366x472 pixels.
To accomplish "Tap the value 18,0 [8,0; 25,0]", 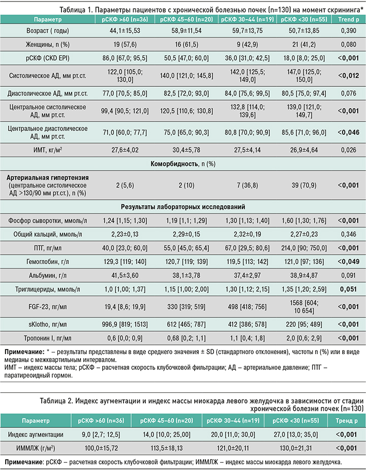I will point(302,58).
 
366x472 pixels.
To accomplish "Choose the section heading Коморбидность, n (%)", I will point(182,164).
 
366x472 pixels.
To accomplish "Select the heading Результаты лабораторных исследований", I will point(182,207).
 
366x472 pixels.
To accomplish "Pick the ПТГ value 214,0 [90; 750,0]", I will point(302,249).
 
